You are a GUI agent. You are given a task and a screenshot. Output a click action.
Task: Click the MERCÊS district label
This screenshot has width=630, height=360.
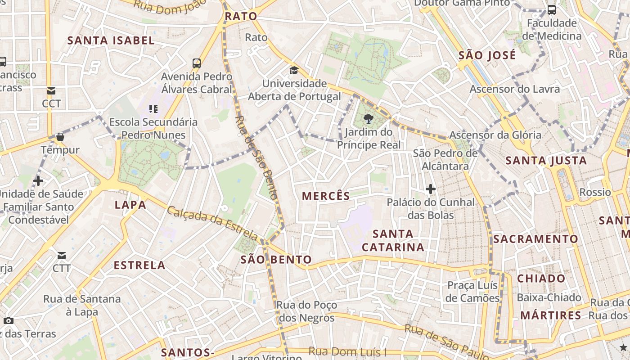(326, 196)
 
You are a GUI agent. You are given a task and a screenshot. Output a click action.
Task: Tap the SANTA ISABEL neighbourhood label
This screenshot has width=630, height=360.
(111, 40)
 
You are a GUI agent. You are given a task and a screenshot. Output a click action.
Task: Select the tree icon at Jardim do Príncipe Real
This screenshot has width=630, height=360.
(369, 119)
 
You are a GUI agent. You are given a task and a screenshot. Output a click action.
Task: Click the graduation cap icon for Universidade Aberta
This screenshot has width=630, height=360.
(294, 70)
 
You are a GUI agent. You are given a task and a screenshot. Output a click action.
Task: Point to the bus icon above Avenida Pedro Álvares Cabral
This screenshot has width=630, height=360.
(197, 63)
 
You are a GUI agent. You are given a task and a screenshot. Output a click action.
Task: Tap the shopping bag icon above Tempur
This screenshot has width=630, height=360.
(60, 136)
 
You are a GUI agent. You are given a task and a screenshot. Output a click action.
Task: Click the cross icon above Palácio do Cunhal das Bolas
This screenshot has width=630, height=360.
(431, 189)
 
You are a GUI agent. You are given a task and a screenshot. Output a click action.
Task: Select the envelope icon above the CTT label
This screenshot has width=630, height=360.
(61, 256)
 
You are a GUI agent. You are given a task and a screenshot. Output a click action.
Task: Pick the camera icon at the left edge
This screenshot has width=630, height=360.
(8, 321)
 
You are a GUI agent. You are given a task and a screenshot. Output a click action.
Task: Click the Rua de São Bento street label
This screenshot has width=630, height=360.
(256, 157)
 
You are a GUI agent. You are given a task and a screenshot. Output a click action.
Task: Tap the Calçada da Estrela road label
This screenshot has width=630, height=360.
(212, 223)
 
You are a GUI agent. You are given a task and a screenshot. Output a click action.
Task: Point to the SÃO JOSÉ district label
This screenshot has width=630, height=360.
(487, 55)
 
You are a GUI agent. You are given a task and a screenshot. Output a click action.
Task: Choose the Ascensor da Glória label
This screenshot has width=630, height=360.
(495, 135)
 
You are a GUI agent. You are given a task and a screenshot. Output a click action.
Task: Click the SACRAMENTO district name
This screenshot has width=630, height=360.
(535, 239)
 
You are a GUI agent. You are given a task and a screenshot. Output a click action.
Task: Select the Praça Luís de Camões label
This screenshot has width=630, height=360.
(472, 292)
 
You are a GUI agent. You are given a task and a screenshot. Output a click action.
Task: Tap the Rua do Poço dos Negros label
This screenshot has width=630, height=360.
(306, 311)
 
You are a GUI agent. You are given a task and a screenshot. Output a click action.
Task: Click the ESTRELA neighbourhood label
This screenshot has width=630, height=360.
(139, 265)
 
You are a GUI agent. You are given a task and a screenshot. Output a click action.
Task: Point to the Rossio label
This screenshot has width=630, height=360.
(595, 192)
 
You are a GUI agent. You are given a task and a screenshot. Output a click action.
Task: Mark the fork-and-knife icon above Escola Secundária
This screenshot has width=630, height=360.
(153, 108)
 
